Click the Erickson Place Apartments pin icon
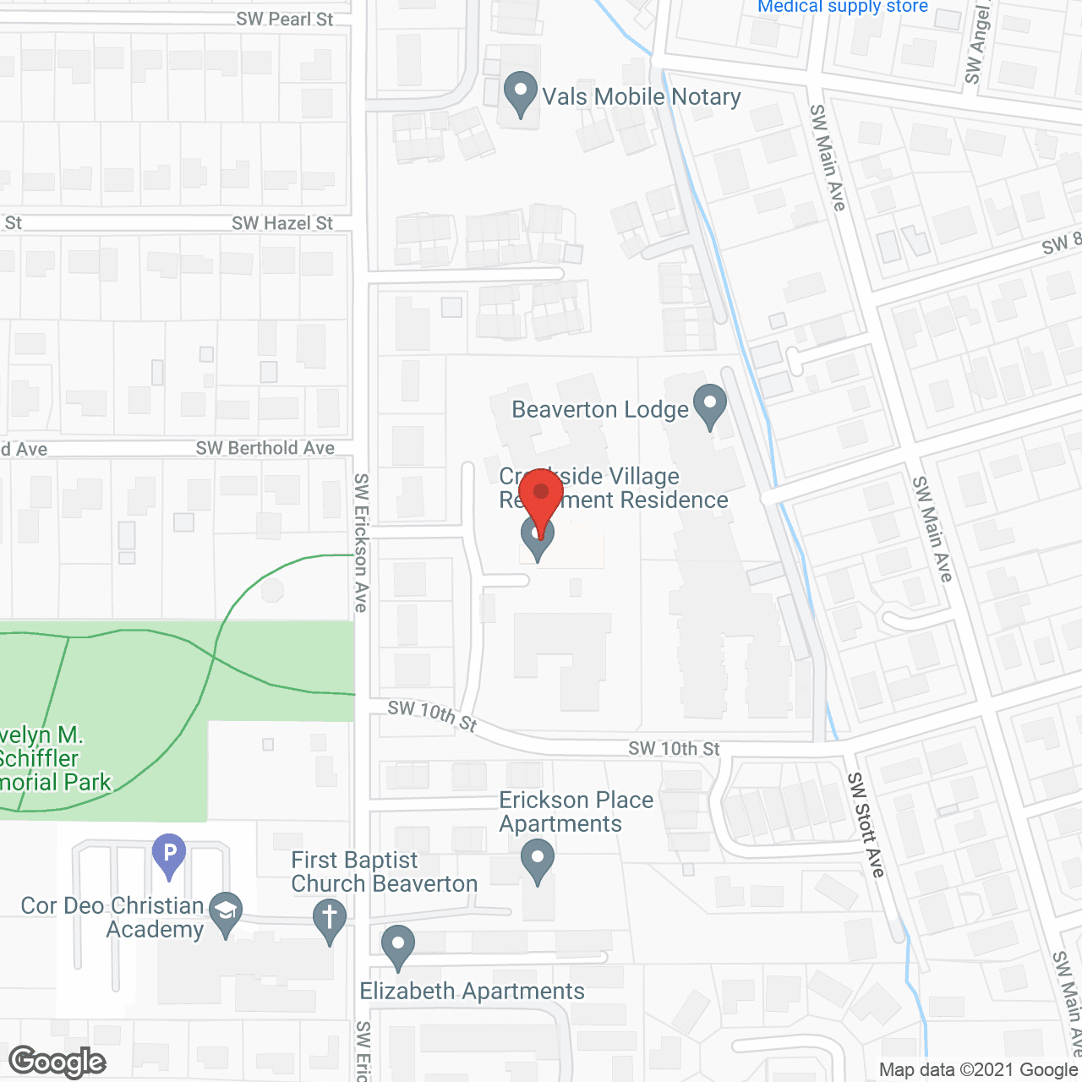coord(538,860)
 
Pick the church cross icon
coord(330,919)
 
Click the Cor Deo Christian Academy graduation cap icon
coord(226,912)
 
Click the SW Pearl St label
coord(285,19)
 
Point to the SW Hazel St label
coord(282,223)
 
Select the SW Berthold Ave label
coord(265,448)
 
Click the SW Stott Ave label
coord(866,824)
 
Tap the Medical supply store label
coord(843,7)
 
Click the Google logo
coord(57,1062)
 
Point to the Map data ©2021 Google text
coord(978,1069)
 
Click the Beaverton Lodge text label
coord(600,410)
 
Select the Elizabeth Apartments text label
coord(472,991)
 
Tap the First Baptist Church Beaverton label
coord(384,872)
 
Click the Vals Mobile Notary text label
coord(642,96)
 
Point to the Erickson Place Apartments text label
coord(576,811)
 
